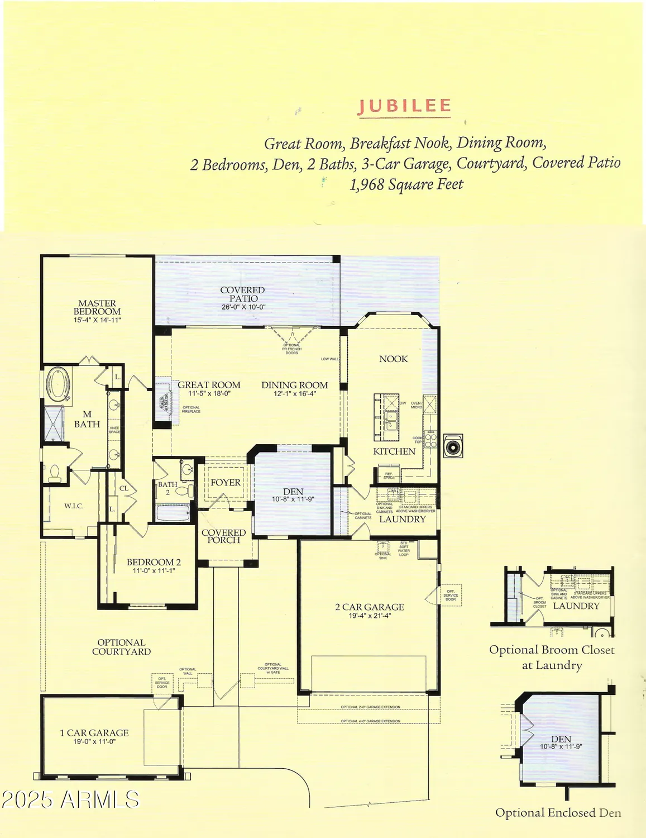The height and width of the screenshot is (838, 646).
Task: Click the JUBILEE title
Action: pos(404,106)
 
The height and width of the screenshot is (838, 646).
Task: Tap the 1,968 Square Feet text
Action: pos(406,184)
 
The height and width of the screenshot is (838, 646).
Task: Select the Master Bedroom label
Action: pos(97,307)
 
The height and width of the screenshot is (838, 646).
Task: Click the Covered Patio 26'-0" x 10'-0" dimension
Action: pos(243,307)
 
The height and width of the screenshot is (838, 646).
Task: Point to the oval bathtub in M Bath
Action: pos(56,384)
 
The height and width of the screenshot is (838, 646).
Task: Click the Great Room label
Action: pos(209,385)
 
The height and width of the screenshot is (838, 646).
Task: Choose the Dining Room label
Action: pos(294,385)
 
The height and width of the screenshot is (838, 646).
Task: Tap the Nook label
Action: pos(394,359)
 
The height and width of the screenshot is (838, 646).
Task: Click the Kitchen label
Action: pos(394,451)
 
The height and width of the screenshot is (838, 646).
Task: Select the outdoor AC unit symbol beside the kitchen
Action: pos(453,446)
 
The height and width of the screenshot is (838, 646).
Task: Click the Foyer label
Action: pos(226,483)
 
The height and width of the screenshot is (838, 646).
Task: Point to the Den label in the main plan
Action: pos(293,492)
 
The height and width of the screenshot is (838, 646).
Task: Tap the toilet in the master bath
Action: pos(55,473)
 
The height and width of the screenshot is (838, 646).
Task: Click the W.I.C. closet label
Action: pos(74,506)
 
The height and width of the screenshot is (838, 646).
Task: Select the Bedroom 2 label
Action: pos(154,562)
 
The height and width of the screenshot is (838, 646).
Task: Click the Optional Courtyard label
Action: pos(121,647)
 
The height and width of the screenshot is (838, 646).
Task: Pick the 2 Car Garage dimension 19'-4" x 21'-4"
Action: pos(370,616)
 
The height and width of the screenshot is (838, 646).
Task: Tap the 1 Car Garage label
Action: pos(94,733)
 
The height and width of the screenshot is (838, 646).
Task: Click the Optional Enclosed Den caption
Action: pos(558,813)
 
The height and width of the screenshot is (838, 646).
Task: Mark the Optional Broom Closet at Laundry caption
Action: pos(552,657)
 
